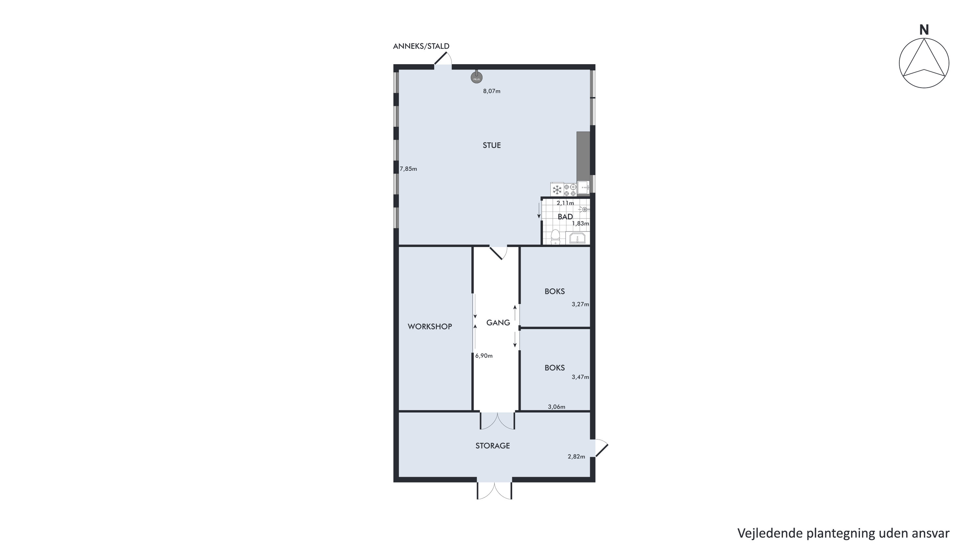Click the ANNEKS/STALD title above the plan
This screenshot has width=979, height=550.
(x=421, y=46)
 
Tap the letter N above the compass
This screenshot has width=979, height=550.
(x=924, y=30)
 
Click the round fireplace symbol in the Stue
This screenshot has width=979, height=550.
(x=477, y=78)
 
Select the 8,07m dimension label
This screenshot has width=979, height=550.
(x=492, y=91)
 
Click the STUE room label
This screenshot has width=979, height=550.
(x=492, y=145)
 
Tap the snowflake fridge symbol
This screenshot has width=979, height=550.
(x=557, y=189)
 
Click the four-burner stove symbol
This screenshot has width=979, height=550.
(x=570, y=190)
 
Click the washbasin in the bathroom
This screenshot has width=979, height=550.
(x=577, y=238)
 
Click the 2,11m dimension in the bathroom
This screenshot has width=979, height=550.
(x=565, y=203)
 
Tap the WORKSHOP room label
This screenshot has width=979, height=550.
(x=430, y=327)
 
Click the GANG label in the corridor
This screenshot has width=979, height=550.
(x=498, y=323)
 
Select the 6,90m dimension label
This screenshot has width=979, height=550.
(x=484, y=356)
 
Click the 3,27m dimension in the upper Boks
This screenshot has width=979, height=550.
(x=580, y=305)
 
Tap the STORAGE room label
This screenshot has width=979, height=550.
(x=493, y=446)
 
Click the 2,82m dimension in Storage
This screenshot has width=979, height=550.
(x=576, y=457)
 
